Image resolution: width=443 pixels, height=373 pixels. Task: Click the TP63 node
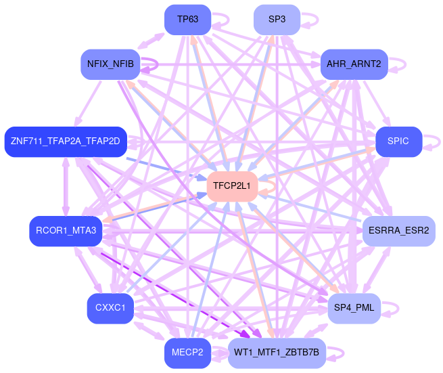(x=188, y=20)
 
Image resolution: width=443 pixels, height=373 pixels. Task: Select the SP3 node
(x=277, y=20)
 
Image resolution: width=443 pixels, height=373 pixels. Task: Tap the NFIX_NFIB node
(x=110, y=64)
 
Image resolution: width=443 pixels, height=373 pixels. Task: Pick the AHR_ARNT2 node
(x=353, y=64)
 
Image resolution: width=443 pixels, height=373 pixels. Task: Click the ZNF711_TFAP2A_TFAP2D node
(x=65, y=141)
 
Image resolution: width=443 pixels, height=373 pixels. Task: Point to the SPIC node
(x=398, y=142)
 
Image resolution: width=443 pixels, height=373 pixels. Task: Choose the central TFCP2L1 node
(x=232, y=185)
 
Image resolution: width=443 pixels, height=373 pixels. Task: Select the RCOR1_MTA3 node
(x=63, y=231)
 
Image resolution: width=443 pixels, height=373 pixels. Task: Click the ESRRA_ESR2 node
(x=399, y=232)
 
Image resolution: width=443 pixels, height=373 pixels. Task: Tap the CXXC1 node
(x=110, y=309)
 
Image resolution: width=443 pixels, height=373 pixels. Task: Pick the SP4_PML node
(x=354, y=309)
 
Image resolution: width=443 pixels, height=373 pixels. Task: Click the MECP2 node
(x=187, y=353)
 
